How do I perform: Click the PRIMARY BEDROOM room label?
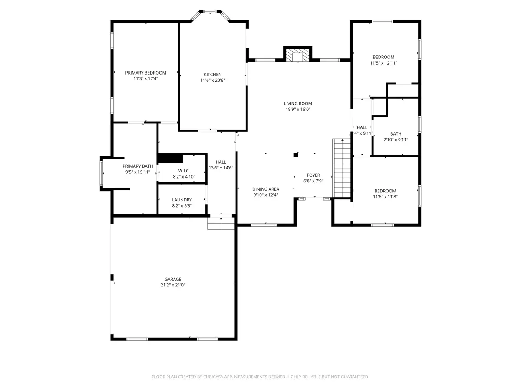click(145, 73)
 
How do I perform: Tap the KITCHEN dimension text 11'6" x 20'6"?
click(212, 80)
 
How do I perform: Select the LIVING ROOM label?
click(298, 104)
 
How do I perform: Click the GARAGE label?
click(173, 279)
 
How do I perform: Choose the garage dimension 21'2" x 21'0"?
click(173, 285)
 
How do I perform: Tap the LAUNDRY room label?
click(182, 200)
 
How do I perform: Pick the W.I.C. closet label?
click(184, 171)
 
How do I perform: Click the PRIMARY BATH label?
click(138, 166)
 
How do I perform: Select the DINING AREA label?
click(266, 189)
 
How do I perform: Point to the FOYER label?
click(313, 175)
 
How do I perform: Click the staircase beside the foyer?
click(342, 168)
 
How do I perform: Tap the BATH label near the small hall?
click(396, 134)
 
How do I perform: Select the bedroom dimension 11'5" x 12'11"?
click(383, 63)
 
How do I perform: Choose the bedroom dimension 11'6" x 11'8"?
click(385, 197)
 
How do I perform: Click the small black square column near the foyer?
click(296, 155)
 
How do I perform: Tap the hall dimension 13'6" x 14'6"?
click(221, 168)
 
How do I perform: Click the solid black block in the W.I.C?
click(171, 159)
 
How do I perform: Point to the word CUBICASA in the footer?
click(211, 377)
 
